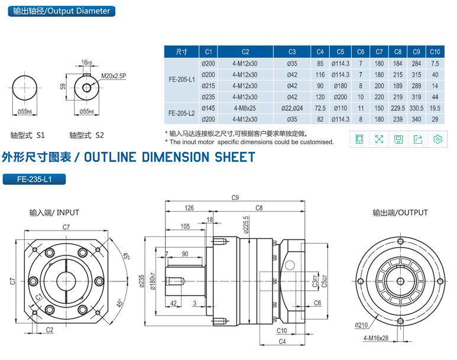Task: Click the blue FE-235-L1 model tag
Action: (x=34, y=179)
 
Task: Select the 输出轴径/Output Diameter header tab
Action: (x=61, y=11)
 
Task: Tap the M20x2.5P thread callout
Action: (x=114, y=76)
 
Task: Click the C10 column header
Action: (x=435, y=52)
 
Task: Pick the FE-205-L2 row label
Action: (x=181, y=113)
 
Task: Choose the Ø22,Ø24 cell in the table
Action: (x=291, y=108)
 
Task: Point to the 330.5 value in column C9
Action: (x=416, y=108)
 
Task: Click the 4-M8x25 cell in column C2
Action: (x=245, y=108)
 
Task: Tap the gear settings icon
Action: (x=437, y=139)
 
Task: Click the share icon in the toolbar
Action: (x=418, y=139)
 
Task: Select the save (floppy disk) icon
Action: (x=398, y=139)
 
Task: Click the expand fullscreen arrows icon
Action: (x=379, y=139)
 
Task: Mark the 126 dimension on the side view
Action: (x=189, y=208)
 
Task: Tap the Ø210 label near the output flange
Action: (x=362, y=325)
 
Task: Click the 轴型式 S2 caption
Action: (x=87, y=135)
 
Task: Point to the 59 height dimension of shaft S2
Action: (x=63, y=86)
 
